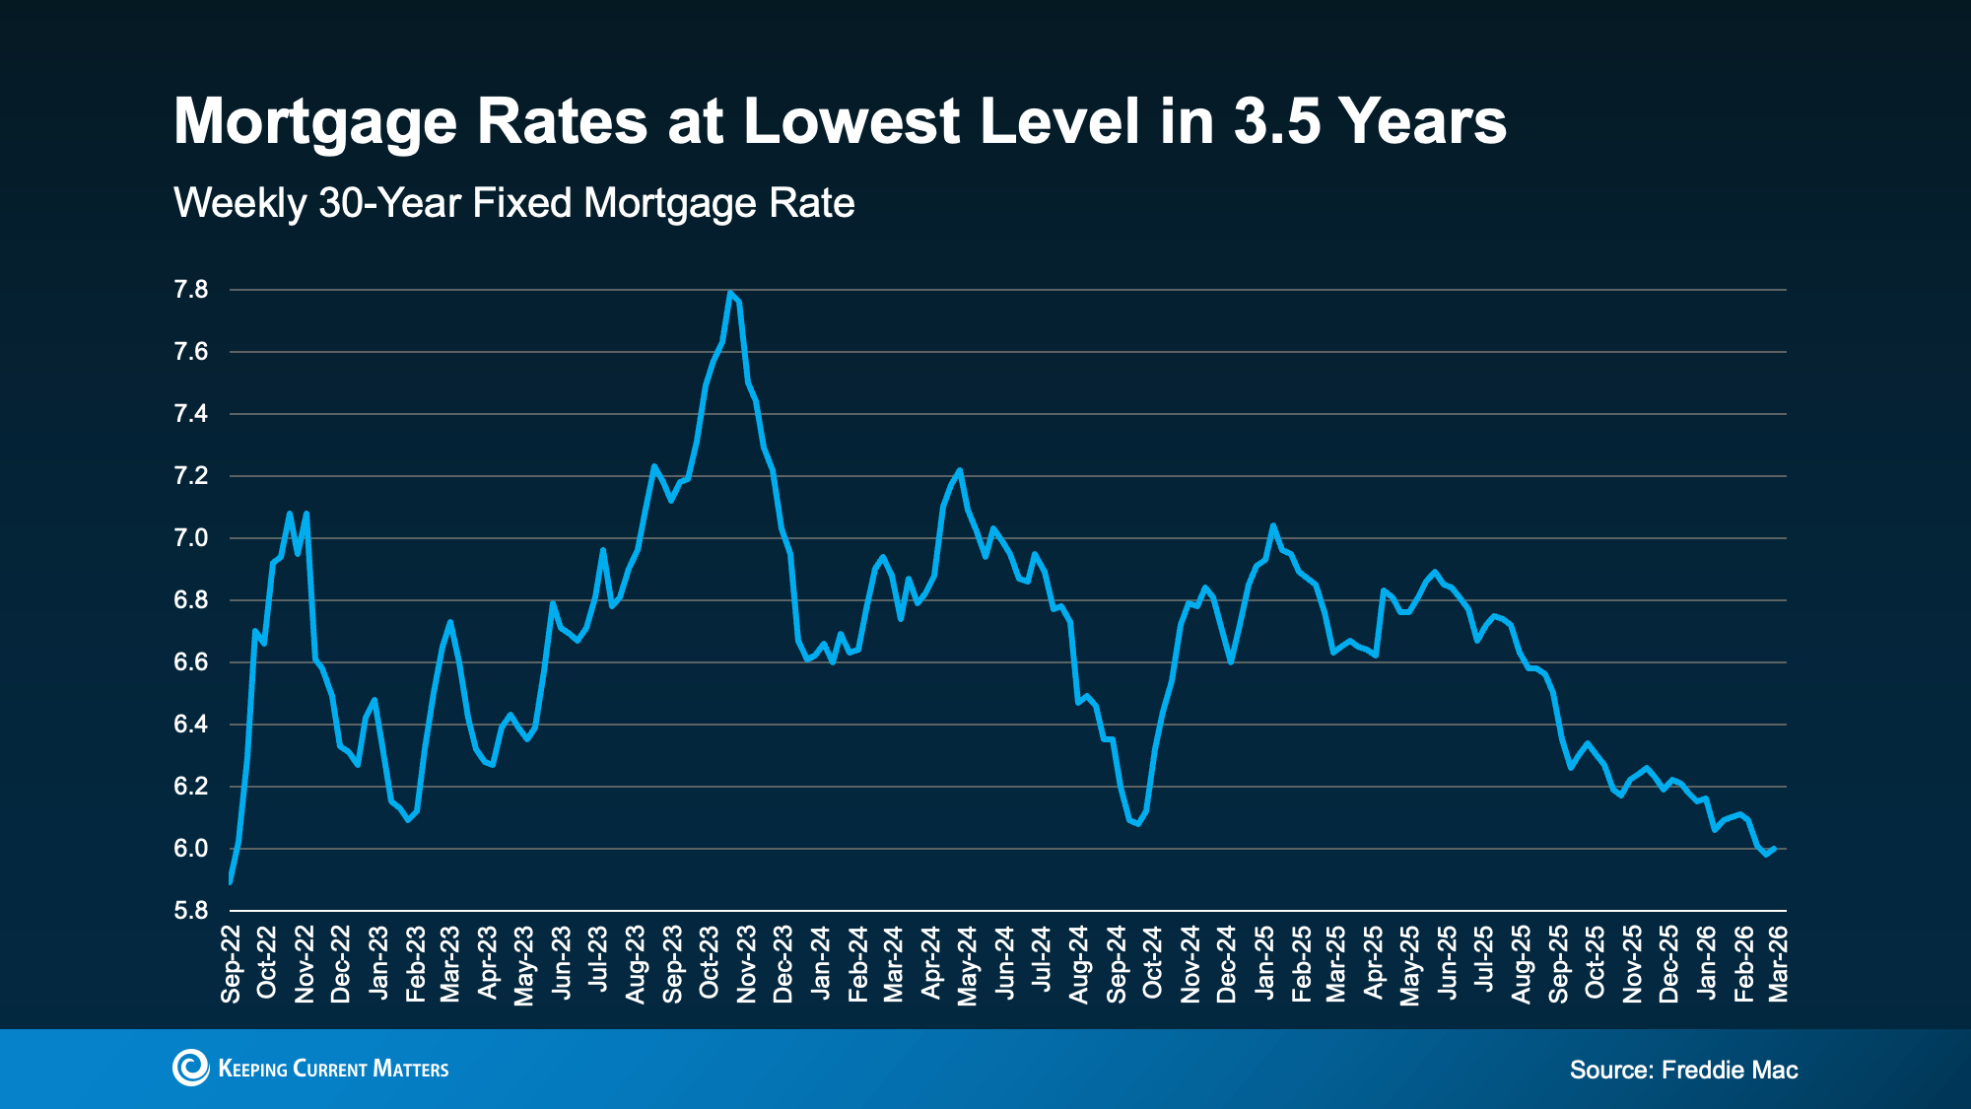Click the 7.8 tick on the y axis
click(x=191, y=290)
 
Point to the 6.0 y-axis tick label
click(x=191, y=849)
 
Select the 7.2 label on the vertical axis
click(x=191, y=476)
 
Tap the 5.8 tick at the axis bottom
click(x=191, y=911)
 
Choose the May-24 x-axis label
click(x=968, y=965)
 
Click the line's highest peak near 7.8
click(x=729, y=292)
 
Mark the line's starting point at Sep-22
click(x=230, y=880)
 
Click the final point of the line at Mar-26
click(x=1774, y=849)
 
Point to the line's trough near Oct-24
click(x=1138, y=824)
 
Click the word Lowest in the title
click(x=851, y=121)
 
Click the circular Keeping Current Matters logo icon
click(x=190, y=1068)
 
